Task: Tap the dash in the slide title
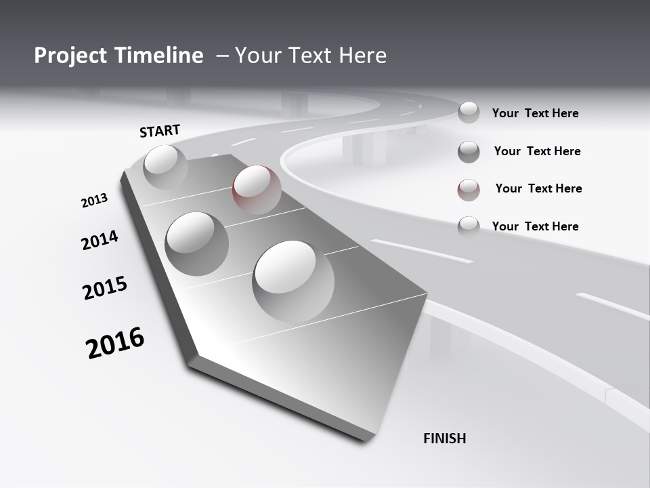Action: [x=222, y=56]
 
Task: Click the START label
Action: [x=160, y=130]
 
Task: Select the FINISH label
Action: [x=444, y=439]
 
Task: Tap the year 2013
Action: [x=94, y=201]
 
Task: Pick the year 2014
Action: [x=100, y=240]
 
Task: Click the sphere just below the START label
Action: [x=165, y=167]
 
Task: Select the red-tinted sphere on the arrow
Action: [x=257, y=189]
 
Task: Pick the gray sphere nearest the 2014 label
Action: [x=197, y=243]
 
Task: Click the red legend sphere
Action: [x=469, y=190]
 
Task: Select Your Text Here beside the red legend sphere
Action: [x=538, y=188]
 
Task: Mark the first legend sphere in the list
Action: [x=469, y=113]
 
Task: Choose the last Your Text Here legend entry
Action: [x=535, y=226]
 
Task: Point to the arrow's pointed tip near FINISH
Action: [x=371, y=437]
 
